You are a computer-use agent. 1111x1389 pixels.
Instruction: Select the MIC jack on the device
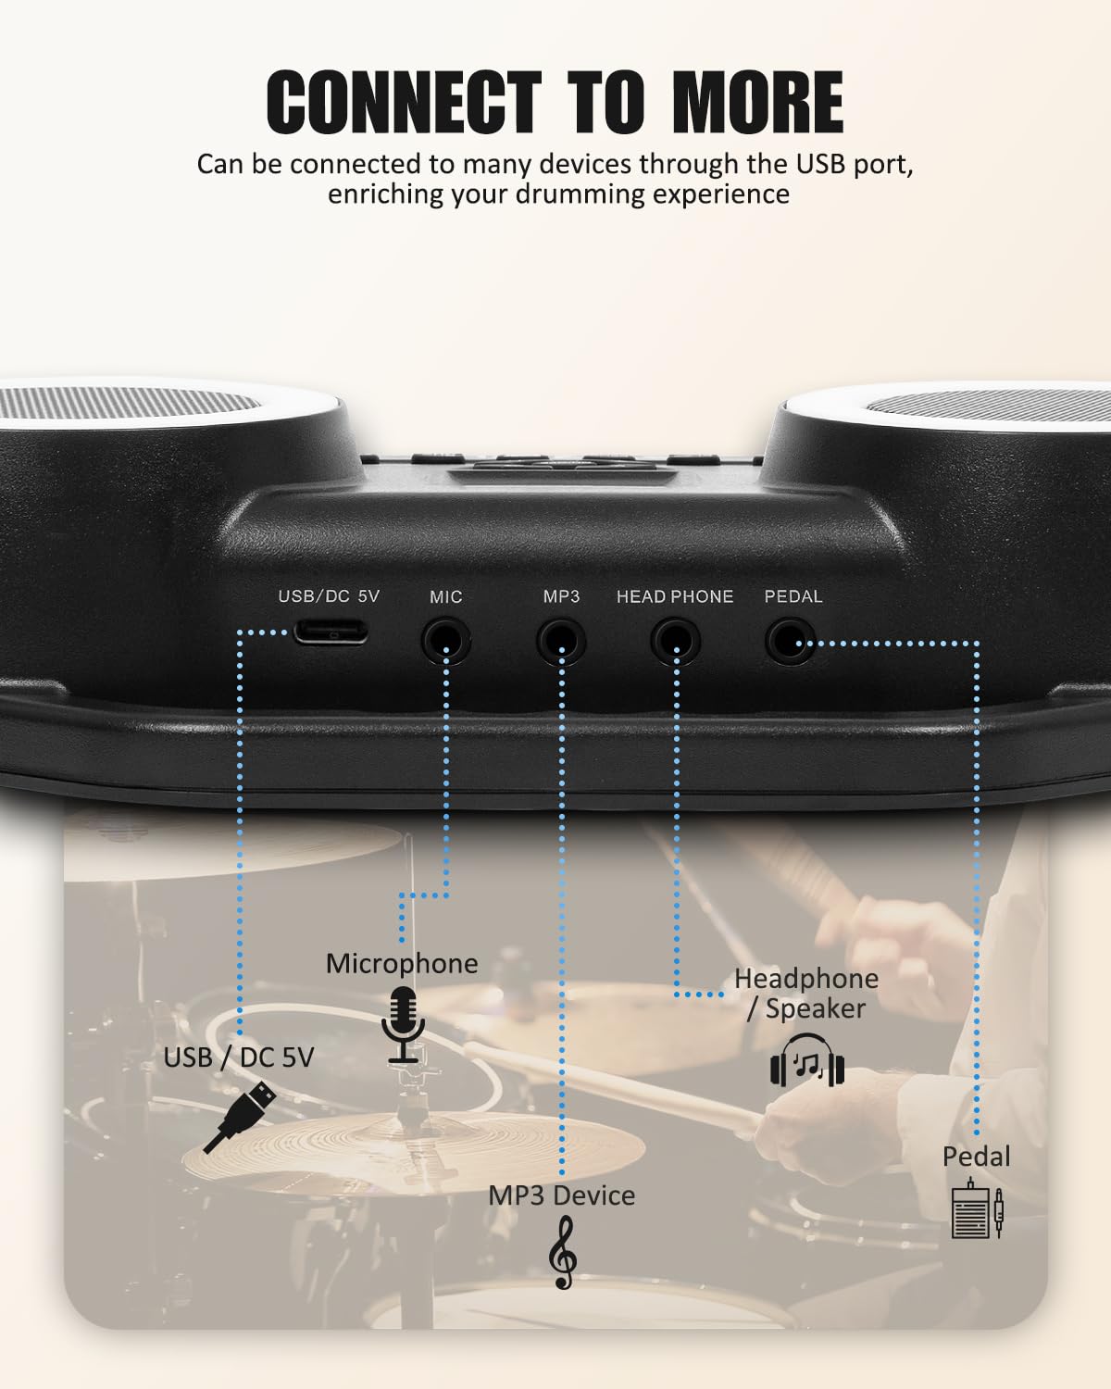[x=446, y=640]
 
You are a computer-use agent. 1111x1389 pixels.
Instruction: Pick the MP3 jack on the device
[x=561, y=640]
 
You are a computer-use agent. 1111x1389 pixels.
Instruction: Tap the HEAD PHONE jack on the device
[x=675, y=640]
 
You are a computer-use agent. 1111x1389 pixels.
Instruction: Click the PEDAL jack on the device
[x=790, y=640]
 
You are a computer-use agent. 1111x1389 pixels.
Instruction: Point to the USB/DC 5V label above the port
[x=329, y=596]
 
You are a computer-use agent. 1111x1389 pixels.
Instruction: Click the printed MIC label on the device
[x=445, y=597]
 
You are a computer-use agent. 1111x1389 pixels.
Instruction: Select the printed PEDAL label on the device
[x=793, y=596]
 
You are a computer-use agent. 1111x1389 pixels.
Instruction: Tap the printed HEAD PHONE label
[x=675, y=596]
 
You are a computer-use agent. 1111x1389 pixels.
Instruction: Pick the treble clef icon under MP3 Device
[x=562, y=1252]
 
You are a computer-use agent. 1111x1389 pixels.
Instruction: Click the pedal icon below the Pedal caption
[x=976, y=1208]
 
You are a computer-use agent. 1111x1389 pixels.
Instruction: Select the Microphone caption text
[x=402, y=963]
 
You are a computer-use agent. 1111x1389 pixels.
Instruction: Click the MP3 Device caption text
[x=561, y=1195]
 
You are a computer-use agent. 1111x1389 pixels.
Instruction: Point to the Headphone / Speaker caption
[x=805, y=993]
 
